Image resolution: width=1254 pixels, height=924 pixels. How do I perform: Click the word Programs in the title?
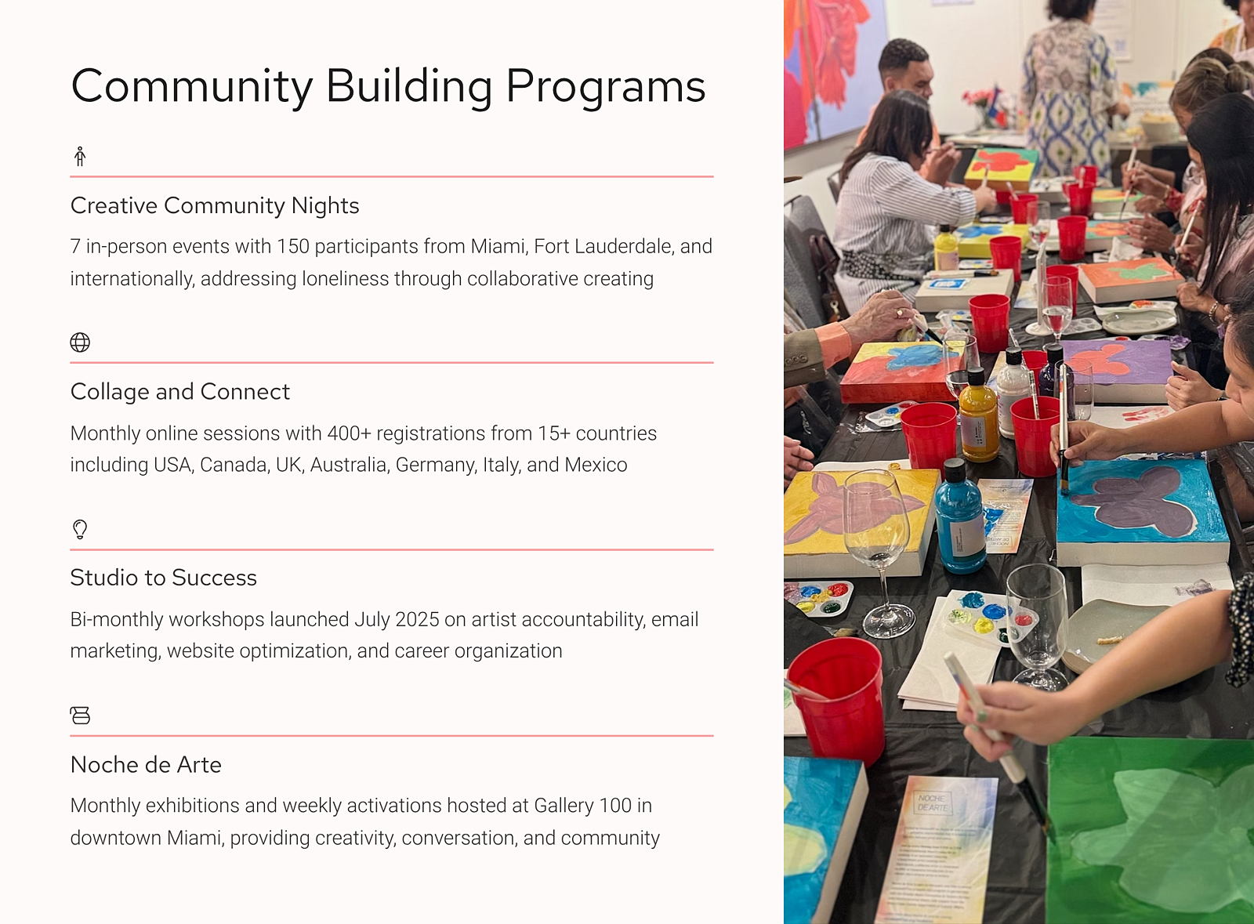click(605, 88)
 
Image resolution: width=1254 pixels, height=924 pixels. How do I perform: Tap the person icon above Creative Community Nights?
click(80, 156)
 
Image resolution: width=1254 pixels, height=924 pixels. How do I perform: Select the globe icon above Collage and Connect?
click(80, 342)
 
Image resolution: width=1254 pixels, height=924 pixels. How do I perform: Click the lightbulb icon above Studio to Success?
click(80, 529)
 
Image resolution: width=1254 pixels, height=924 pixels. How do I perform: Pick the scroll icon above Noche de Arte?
click(80, 716)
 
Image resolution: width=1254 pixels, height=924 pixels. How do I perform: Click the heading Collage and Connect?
click(180, 392)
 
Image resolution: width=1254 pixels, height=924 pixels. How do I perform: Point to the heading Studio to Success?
click(164, 578)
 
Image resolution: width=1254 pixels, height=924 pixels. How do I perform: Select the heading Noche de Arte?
click(146, 764)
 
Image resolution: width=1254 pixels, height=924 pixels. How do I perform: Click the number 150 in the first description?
click(293, 246)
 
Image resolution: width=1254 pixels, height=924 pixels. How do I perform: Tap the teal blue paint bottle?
click(960, 518)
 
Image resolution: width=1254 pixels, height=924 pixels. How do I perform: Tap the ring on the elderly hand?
click(900, 312)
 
